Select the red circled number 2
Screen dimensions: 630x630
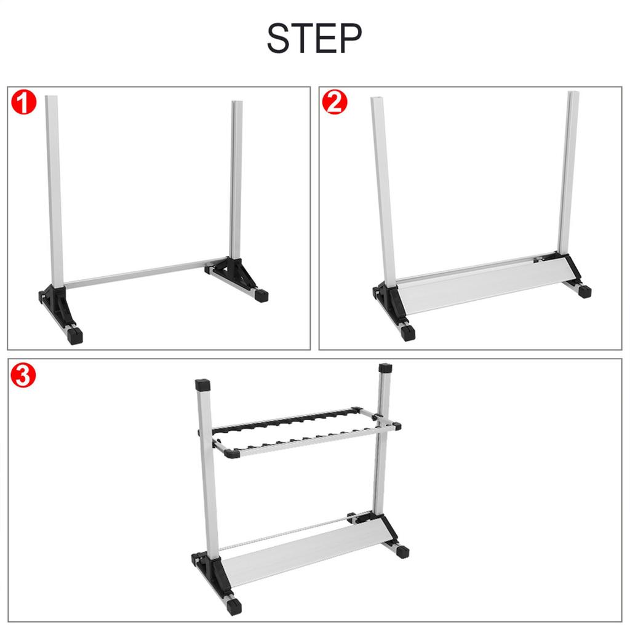pyautogui.click(x=335, y=103)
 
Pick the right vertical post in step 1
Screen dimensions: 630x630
pyautogui.click(x=236, y=178)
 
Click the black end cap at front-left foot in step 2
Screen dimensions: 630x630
pyautogui.click(x=407, y=333)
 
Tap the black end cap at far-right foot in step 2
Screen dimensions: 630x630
pyautogui.click(x=584, y=291)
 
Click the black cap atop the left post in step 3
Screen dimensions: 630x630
pyautogui.click(x=202, y=386)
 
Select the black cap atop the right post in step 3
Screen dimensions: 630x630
pyautogui.click(x=385, y=369)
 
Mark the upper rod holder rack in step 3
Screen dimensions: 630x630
pyautogui.click(x=301, y=431)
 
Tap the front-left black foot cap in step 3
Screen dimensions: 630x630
pyautogui.click(x=234, y=607)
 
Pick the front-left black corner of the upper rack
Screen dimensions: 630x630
pyautogui.click(x=232, y=454)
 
